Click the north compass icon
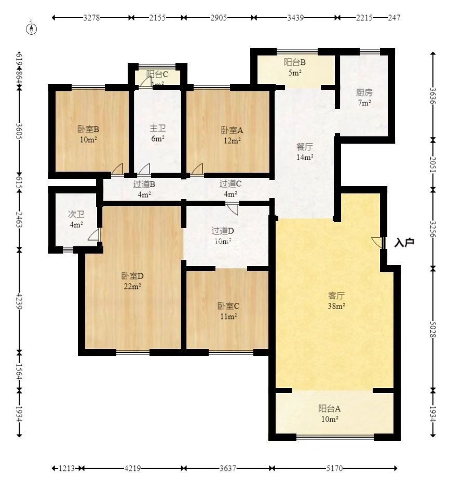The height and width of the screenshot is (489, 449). (32, 27)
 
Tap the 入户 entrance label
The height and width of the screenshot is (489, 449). (404, 242)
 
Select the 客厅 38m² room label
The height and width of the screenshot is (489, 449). (336, 301)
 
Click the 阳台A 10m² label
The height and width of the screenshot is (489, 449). (330, 413)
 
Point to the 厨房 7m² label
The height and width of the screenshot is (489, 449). (364, 97)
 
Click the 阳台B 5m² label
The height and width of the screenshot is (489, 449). (294, 67)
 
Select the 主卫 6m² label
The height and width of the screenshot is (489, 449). (157, 133)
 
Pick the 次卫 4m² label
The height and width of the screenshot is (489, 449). (76, 219)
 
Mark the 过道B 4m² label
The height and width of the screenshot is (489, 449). (144, 189)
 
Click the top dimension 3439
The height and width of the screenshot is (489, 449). (296, 18)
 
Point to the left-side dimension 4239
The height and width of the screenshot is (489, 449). (19, 301)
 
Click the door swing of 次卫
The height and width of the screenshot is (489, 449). (93, 235)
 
